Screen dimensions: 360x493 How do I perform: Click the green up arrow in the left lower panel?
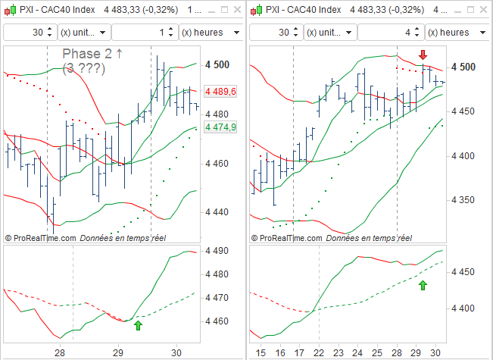[x=138, y=325]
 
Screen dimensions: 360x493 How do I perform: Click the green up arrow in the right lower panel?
[x=423, y=285]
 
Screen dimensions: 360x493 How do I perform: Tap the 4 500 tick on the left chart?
[x=217, y=65]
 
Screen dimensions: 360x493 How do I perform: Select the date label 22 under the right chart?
[x=319, y=352]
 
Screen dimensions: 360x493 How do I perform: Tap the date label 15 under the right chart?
[x=261, y=352]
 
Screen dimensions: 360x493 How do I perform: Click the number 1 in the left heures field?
[x=161, y=33]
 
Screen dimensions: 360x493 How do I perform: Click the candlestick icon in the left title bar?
[x=10, y=11]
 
